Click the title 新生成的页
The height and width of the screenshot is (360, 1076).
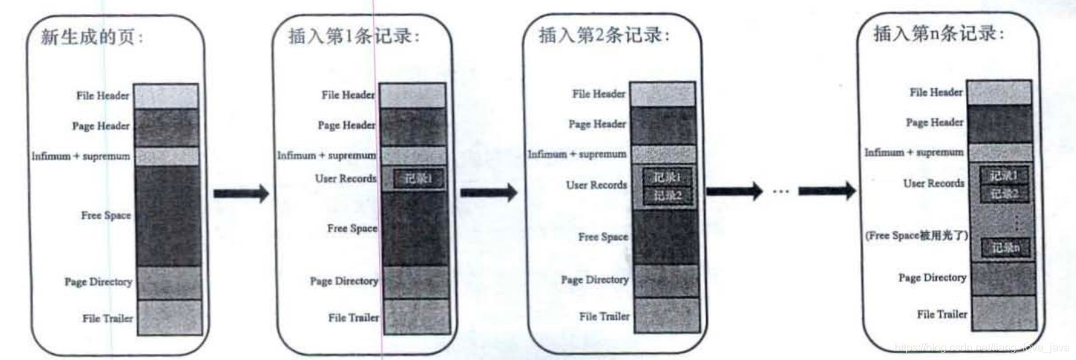tap(91, 37)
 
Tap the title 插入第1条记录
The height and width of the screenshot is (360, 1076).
tap(353, 36)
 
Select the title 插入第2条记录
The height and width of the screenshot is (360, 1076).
tap(603, 35)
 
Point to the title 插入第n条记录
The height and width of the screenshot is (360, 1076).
tap(938, 33)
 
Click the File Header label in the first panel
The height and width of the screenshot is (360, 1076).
tap(103, 96)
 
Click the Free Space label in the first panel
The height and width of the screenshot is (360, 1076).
tap(106, 215)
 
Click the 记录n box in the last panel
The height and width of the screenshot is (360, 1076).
tap(1005, 248)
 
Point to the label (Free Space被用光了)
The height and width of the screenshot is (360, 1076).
tap(916, 235)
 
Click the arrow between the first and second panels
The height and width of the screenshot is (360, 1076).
tap(241, 194)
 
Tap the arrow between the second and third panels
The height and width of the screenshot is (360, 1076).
tap(488, 193)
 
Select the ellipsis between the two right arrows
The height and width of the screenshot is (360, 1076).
tap(781, 192)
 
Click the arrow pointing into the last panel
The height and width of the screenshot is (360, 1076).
tap(827, 191)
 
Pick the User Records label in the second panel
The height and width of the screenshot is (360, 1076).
tap(345, 179)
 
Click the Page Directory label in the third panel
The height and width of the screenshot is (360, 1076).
tap(594, 279)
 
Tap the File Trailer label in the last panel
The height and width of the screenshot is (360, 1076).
tap(941, 314)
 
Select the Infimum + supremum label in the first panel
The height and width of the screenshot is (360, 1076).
tap(80, 156)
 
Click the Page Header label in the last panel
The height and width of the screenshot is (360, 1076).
tap(934, 122)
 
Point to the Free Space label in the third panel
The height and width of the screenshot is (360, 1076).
tap(603, 237)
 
